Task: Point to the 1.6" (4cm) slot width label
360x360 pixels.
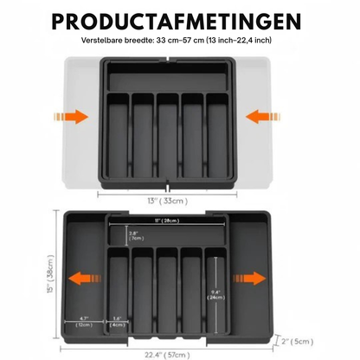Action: [x=117, y=321]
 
